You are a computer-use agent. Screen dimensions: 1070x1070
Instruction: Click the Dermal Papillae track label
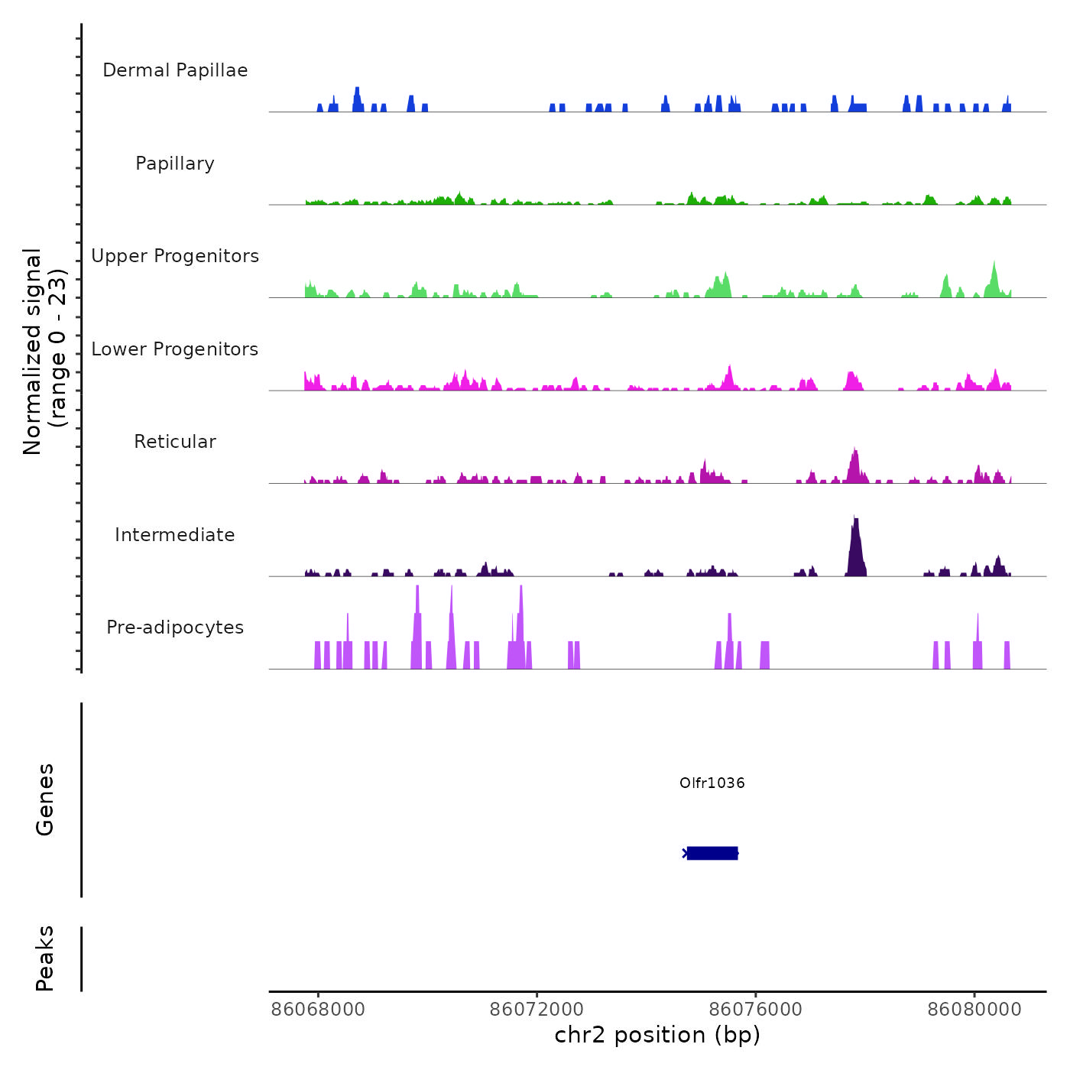pyautogui.click(x=175, y=70)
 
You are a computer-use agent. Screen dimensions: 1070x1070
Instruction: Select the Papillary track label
pyautogui.click(x=175, y=164)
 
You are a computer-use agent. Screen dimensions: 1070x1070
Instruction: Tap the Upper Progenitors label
pyautogui.click(x=175, y=256)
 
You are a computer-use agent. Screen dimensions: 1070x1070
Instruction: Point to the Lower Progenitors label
pyautogui.click(x=175, y=349)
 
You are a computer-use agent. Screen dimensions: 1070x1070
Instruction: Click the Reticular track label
pyautogui.click(x=175, y=442)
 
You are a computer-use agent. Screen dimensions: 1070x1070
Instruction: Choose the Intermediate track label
pyautogui.click(x=175, y=535)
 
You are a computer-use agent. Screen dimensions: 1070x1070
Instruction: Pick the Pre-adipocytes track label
pyautogui.click(x=175, y=627)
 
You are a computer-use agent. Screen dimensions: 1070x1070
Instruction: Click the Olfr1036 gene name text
pyautogui.click(x=712, y=783)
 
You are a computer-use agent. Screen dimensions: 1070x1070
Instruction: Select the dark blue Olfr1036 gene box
pyautogui.click(x=712, y=853)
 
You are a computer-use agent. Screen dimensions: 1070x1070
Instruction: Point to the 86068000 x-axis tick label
pyautogui.click(x=318, y=1010)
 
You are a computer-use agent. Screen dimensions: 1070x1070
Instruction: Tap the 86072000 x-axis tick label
pyautogui.click(x=537, y=1010)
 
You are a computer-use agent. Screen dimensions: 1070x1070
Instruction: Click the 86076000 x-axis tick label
pyautogui.click(x=756, y=1010)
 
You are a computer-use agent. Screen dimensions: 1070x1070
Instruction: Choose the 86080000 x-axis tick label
pyautogui.click(x=974, y=1010)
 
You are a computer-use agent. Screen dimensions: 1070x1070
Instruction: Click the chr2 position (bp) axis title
pyautogui.click(x=657, y=1035)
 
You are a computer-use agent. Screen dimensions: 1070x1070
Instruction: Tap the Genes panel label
pyautogui.click(x=45, y=799)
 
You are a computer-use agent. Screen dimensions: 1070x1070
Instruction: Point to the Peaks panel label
pyautogui.click(x=45, y=958)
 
